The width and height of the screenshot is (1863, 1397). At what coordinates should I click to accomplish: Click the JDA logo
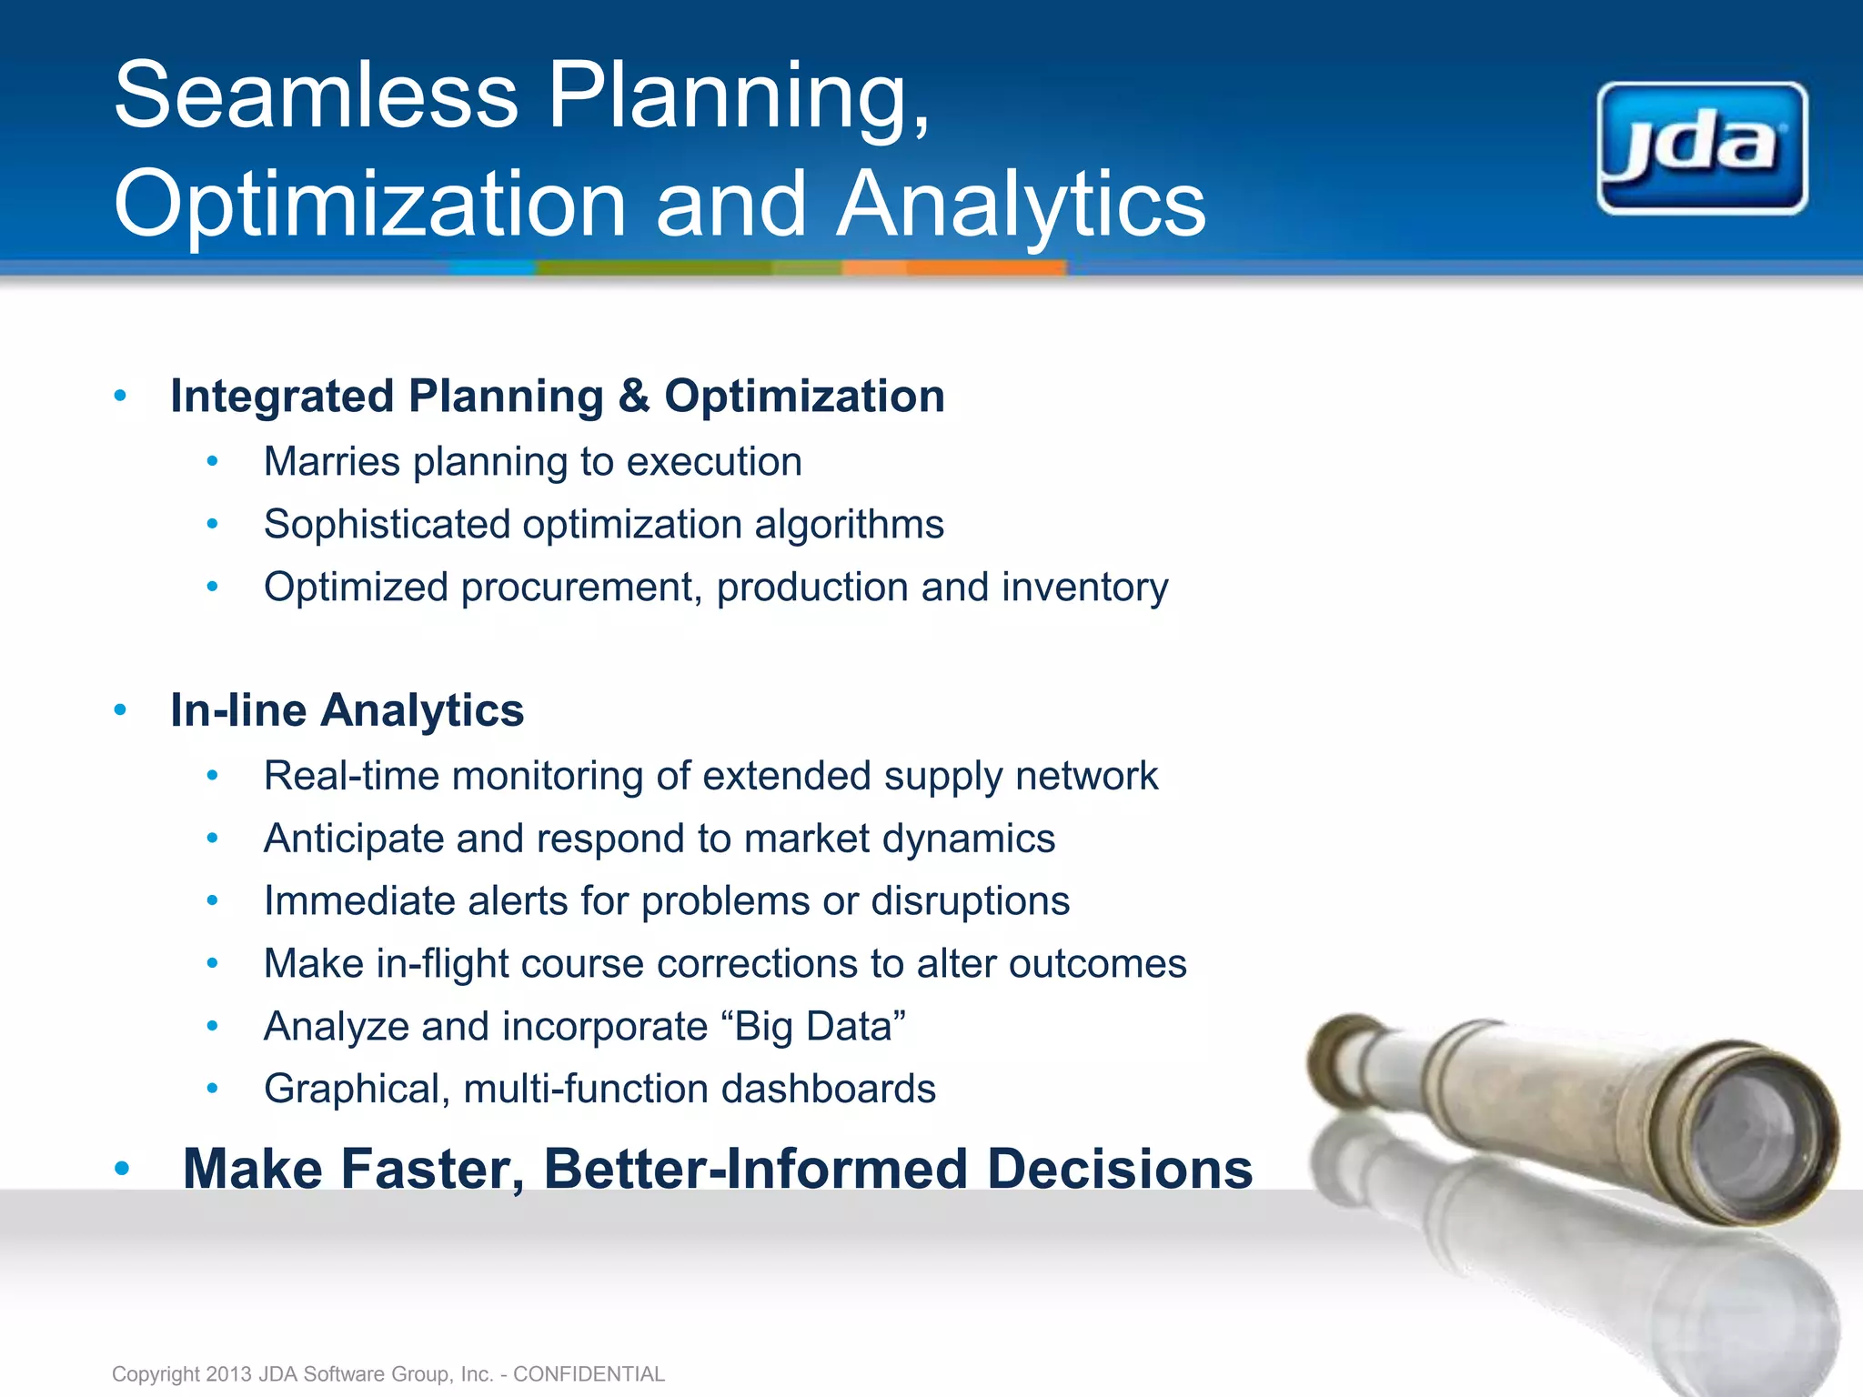point(1701,148)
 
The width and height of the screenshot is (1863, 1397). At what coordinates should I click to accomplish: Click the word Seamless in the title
point(316,95)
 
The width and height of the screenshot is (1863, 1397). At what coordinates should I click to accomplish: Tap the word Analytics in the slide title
point(1021,204)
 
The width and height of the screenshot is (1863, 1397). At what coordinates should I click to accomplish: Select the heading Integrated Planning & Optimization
point(557,397)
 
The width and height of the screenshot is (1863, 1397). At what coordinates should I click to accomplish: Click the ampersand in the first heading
point(633,397)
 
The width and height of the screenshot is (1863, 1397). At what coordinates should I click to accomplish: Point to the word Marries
point(331,462)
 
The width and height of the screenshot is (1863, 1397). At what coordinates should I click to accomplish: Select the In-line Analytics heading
point(347,710)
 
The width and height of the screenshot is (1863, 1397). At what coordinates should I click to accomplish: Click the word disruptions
point(970,901)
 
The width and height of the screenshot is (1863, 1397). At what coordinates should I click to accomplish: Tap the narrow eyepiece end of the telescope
point(1335,1055)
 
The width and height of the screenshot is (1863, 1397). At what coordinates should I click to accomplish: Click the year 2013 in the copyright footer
point(228,1374)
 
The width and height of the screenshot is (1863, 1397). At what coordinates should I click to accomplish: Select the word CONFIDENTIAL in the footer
point(589,1374)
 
